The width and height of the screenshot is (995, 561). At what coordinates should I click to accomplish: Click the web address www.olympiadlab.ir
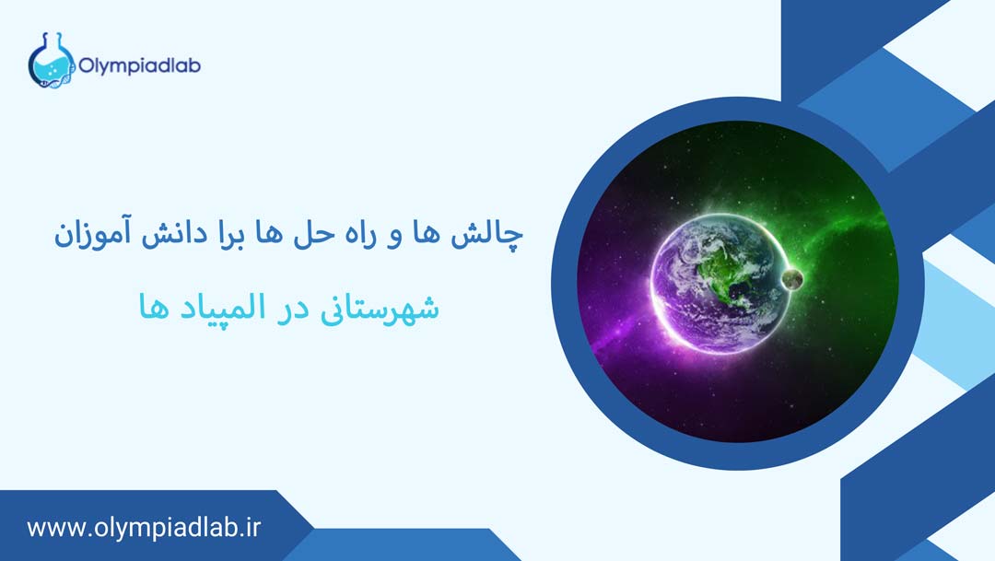click(x=145, y=529)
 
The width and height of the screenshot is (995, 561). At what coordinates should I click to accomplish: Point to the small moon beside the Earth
click(x=791, y=278)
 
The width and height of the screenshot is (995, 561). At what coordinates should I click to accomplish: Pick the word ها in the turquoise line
click(x=152, y=308)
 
